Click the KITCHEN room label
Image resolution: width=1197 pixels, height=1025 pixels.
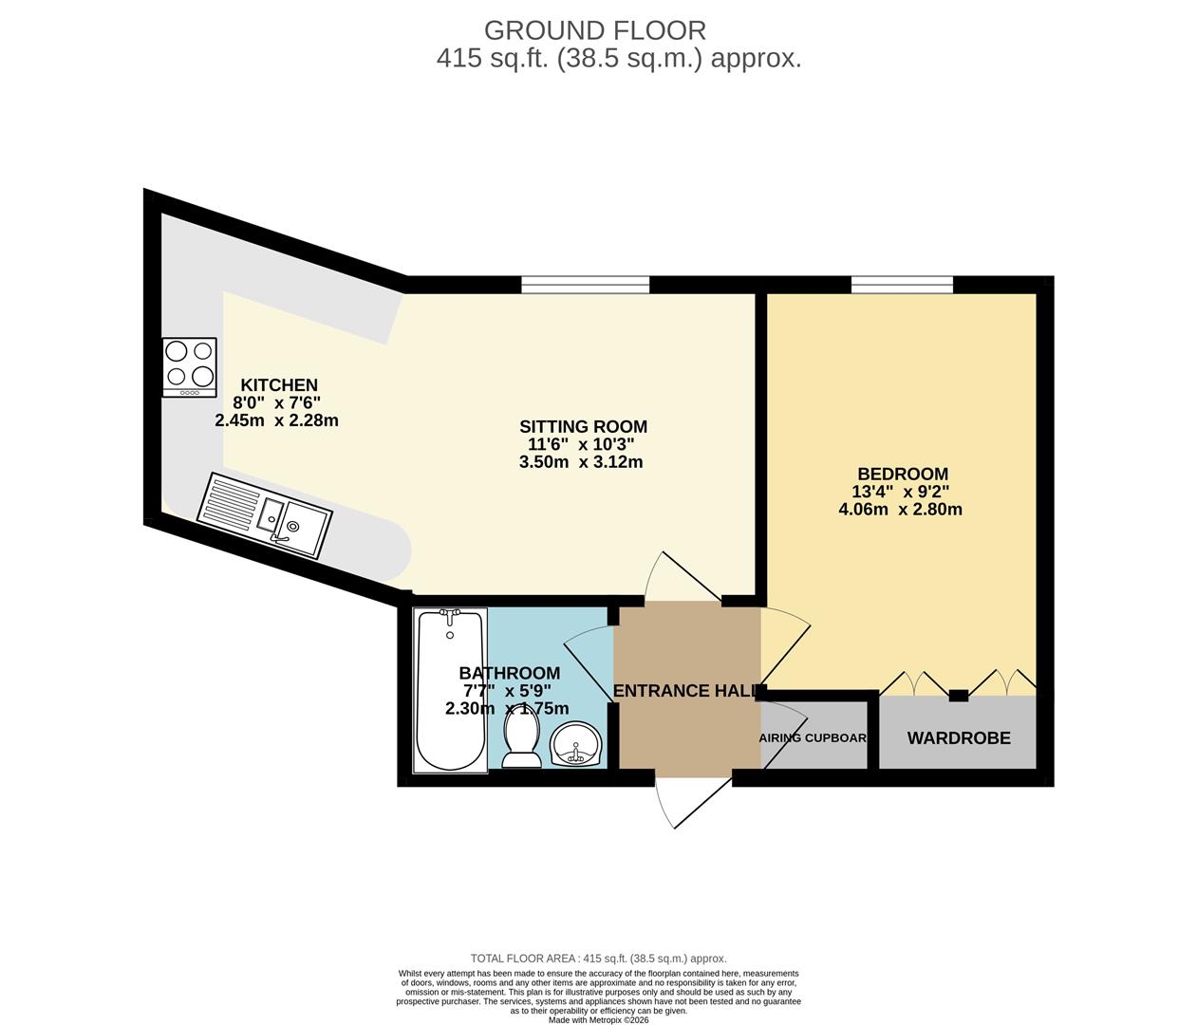coord(278,385)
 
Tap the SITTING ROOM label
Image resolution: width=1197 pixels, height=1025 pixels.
coord(583,427)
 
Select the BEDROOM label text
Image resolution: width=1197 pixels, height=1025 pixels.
coord(902,475)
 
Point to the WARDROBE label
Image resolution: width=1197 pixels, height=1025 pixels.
coord(959,738)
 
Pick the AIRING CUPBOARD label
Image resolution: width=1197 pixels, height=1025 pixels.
coord(814,737)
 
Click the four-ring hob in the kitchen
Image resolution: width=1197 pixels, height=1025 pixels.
coord(189,367)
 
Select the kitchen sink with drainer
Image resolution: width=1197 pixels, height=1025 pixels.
coord(265,515)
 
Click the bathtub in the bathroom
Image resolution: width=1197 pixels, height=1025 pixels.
coord(451,689)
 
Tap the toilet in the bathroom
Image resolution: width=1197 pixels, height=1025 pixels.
coord(521,739)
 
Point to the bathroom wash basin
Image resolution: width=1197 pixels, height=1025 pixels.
coord(575,742)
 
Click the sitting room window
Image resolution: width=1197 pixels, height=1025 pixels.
coord(586,284)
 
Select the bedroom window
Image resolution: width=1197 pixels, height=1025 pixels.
coord(902,284)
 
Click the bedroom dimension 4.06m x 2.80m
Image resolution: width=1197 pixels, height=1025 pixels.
coord(900,510)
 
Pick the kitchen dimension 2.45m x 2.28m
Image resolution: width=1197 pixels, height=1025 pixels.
coord(277,420)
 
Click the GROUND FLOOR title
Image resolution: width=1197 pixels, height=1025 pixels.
coord(595,30)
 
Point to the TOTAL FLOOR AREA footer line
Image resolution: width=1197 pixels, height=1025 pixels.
coord(598,959)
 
